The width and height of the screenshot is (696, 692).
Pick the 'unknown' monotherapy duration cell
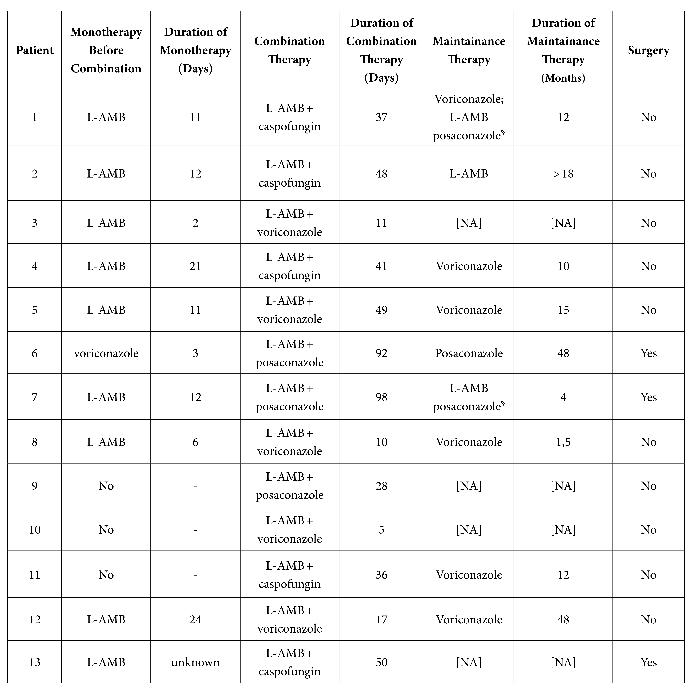pos(195,662)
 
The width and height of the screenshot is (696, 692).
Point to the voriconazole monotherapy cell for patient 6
pos(106,353)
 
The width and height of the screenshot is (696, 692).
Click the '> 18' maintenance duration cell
pos(563,174)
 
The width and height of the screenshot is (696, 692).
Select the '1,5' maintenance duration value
pos(563,442)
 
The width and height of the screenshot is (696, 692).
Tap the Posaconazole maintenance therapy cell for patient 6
pos(469,353)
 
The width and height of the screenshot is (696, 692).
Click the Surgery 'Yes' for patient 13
pos(648,662)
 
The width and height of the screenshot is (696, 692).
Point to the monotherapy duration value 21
pos(195,266)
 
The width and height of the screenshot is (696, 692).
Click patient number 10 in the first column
pos(35,529)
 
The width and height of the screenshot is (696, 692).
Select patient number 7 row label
pos(35,397)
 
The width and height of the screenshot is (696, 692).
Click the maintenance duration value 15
pos(563,310)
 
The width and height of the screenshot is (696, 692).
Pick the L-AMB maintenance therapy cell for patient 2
pos(469,174)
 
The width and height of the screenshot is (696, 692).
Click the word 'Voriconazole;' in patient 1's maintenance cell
pos(469,99)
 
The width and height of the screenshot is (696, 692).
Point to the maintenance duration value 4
pos(563,397)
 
